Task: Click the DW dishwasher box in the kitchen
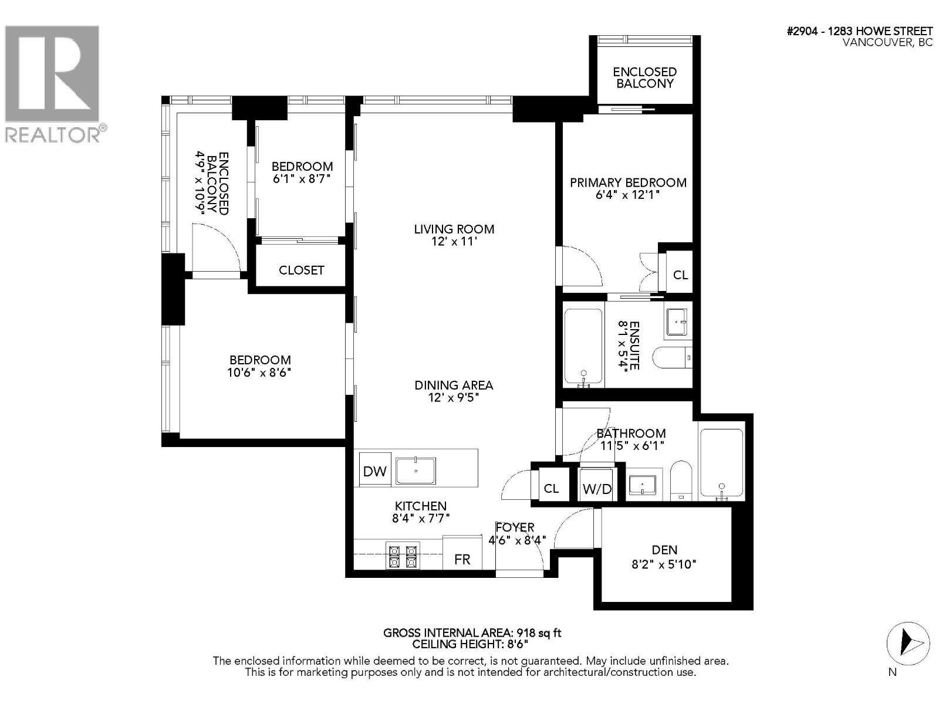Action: click(x=375, y=471)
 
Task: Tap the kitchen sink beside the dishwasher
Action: click(x=416, y=471)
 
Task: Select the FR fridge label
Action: click(x=462, y=559)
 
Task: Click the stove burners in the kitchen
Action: click(x=403, y=556)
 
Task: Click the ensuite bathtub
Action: click(x=583, y=347)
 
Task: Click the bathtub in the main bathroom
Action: click(x=721, y=463)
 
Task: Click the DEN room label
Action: click(x=664, y=550)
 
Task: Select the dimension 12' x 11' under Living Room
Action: click(x=454, y=242)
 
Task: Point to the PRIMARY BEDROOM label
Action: click(x=628, y=182)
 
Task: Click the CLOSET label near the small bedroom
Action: click(x=301, y=270)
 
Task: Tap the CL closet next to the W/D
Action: click(x=551, y=488)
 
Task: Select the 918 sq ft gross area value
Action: click(x=539, y=632)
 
